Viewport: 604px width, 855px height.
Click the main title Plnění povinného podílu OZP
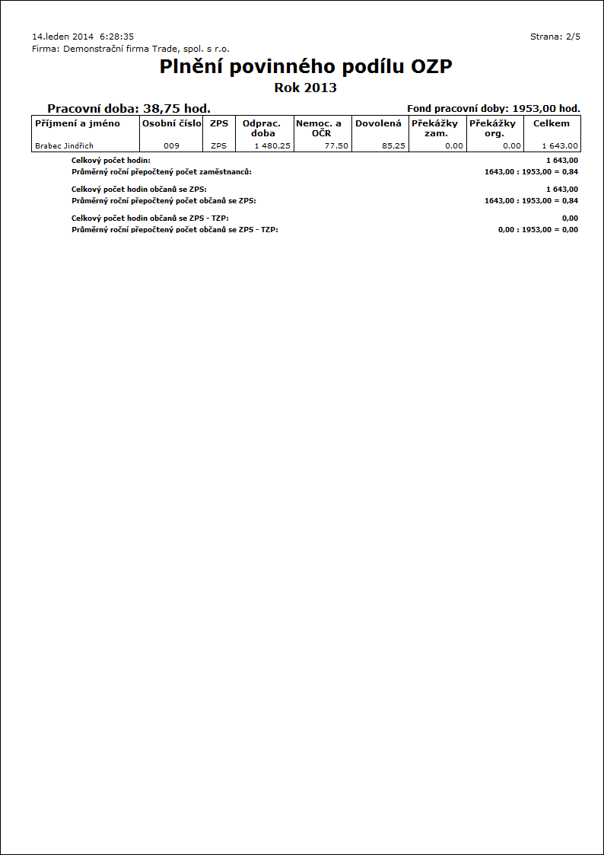(306, 67)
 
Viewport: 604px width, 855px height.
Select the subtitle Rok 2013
(305, 88)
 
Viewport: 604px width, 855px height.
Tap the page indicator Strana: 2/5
(555, 37)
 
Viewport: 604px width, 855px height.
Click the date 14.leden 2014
(63, 37)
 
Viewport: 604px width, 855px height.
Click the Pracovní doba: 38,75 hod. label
(129, 109)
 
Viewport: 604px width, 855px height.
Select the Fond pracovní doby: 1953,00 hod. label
(494, 109)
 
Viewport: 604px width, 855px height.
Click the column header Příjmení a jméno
(78, 123)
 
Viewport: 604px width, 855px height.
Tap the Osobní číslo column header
(172, 123)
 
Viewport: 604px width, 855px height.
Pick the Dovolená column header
(378, 123)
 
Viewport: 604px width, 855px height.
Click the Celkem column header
(552, 123)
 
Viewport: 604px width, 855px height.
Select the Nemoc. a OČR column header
(319, 128)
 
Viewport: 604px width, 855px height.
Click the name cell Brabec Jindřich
(65, 145)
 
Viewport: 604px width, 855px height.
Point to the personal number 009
(171, 145)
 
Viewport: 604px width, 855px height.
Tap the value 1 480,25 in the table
(272, 145)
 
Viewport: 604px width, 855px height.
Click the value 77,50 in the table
(335, 145)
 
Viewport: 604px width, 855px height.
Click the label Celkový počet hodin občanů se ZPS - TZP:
(150, 219)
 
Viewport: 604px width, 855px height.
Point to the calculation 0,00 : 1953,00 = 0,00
(537, 230)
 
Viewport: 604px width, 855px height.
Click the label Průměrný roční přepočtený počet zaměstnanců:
(161, 172)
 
